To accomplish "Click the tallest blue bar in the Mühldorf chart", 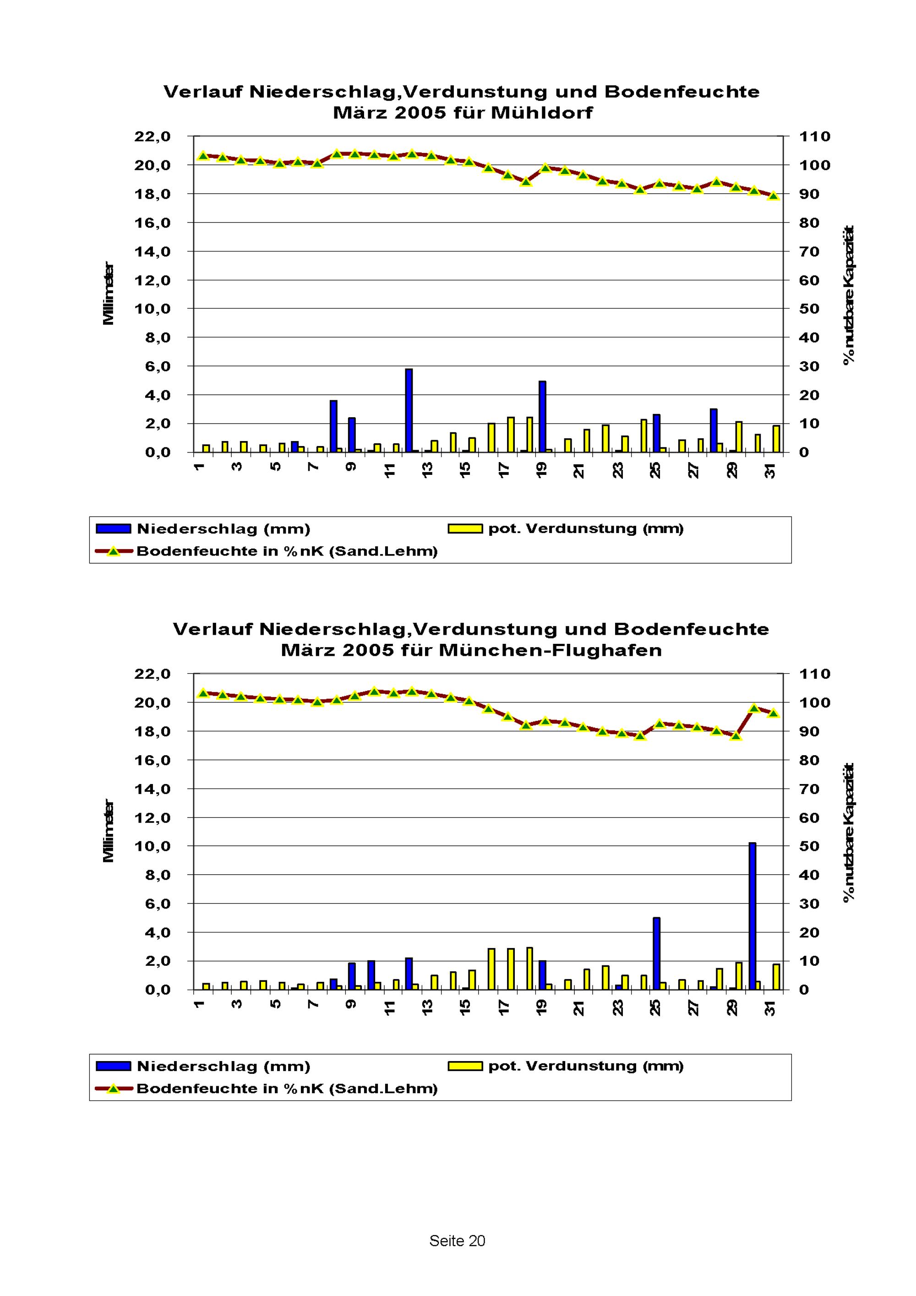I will click(409, 410).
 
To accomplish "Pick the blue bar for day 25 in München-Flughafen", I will click(656, 953).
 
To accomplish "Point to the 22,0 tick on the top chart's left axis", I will click(152, 136).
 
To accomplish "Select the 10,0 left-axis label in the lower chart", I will click(152, 846).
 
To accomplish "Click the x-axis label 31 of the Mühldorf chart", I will click(770, 470).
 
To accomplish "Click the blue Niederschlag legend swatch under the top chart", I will click(114, 529).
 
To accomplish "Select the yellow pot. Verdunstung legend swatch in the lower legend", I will click(465, 1066).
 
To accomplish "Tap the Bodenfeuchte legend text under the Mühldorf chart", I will click(287, 551).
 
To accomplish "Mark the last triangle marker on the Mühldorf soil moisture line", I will click(774, 196).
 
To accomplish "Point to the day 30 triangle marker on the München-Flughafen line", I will click(755, 708).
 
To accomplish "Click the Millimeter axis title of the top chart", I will click(109, 294).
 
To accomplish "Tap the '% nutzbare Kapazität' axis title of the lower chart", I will click(849, 832).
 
